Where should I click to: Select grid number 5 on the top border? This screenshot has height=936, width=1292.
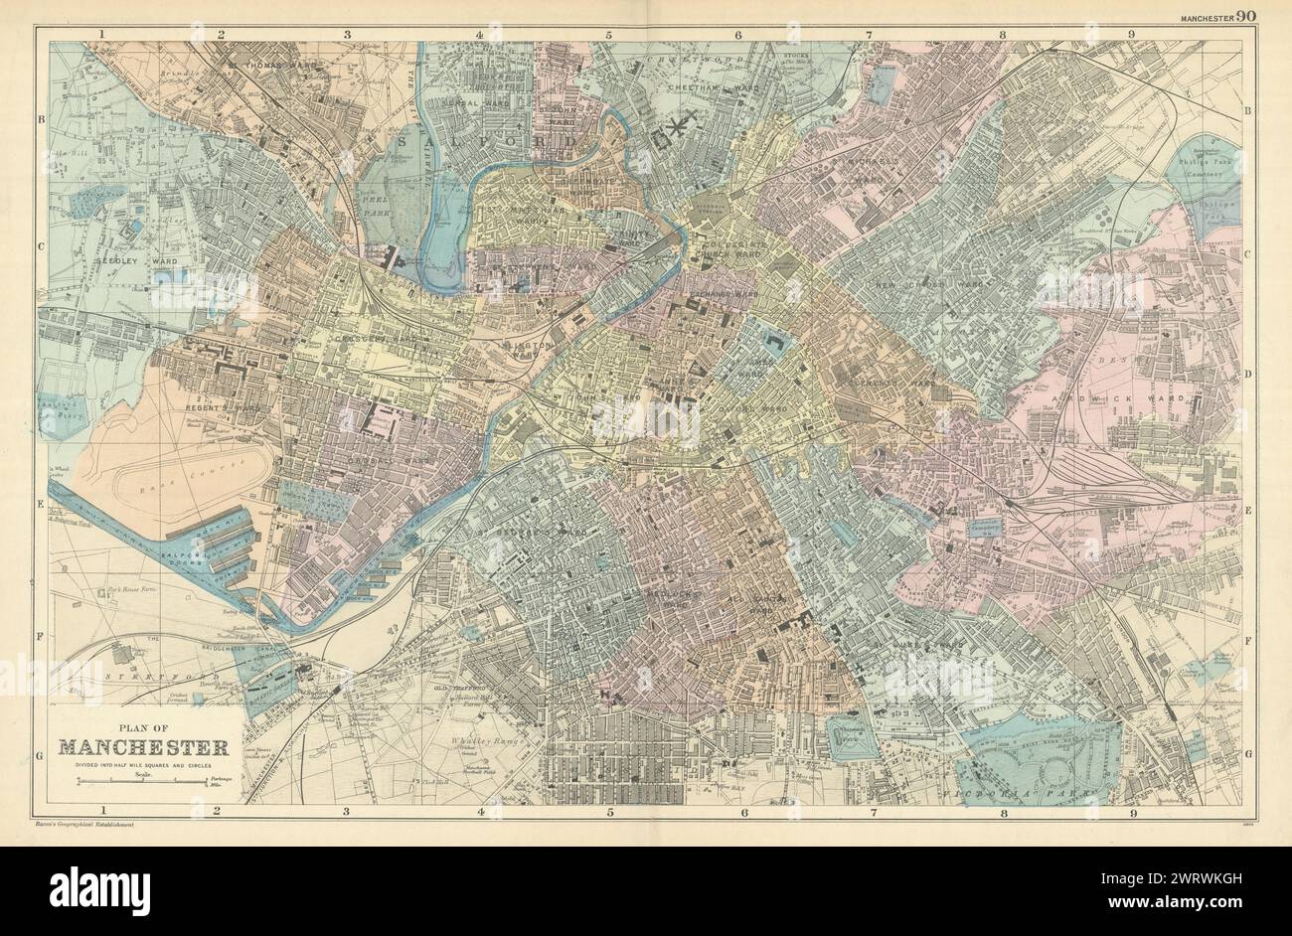tap(608, 35)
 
